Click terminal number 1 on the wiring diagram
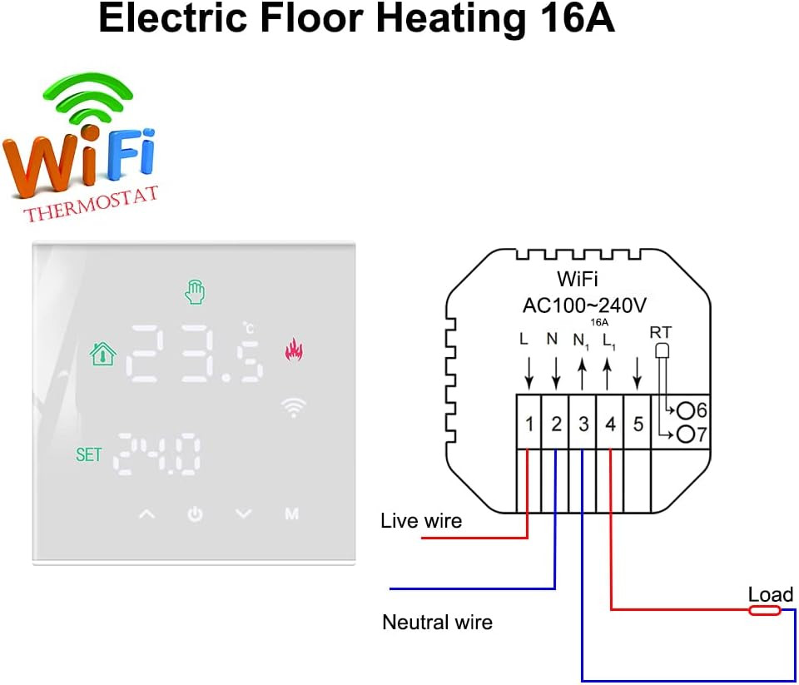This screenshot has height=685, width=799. (x=529, y=424)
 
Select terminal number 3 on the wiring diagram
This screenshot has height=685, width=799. (x=583, y=424)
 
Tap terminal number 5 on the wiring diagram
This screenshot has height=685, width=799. (x=638, y=424)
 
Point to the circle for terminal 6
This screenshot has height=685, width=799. (x=686, y=410)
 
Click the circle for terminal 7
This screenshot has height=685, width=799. (x=686, y=434)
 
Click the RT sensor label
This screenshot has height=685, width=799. (x=661, y=333)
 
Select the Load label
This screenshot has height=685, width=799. (x=770, y=594)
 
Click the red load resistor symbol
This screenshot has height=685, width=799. (x=764, y=610)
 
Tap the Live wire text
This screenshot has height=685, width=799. (x=420, y=521)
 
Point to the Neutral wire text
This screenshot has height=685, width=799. (x=437, y=622)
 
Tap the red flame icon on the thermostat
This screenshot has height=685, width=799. (x=293, y=350)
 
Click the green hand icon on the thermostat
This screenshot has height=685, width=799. (x=194, y=292)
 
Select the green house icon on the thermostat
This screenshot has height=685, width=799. (x=102, y=354)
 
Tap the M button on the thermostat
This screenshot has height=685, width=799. (x=291, y=514)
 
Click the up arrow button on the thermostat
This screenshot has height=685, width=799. (x=146, y=514)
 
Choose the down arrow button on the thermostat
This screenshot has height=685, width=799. (x=243, y=514)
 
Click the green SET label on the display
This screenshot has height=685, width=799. (x=88, y=454)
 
